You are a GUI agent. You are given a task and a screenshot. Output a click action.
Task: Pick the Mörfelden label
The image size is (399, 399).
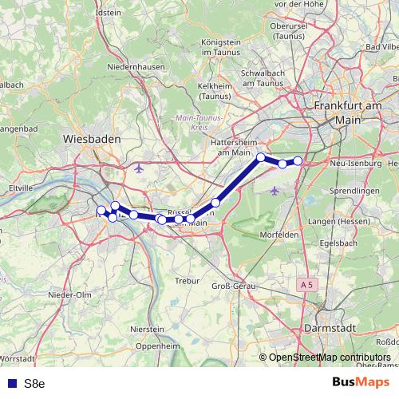point(281,235)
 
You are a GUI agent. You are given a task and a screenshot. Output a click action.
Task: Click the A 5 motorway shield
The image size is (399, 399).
point(308,284)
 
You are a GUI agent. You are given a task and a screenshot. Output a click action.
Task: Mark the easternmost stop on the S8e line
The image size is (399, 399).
point(298,161)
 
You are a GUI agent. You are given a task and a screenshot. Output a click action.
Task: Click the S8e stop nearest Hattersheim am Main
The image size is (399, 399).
point(261,157)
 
